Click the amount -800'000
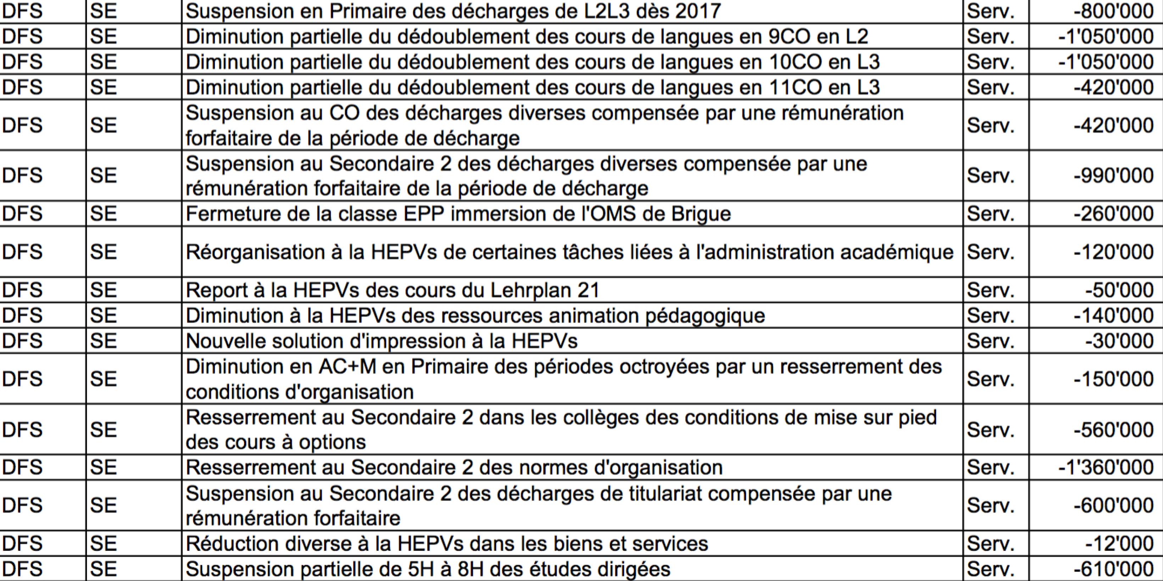point(1113,11)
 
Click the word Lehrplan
point(527,290)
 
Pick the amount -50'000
point(1119,290)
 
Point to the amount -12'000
point(1119,543)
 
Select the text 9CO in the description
point(788,37)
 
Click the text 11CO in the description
point(794,87)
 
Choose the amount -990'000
point(1113,175)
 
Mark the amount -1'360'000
point(1106,467)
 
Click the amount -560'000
point(1113,430)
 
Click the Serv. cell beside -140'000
point(991,315)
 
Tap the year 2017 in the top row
point(698,11)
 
